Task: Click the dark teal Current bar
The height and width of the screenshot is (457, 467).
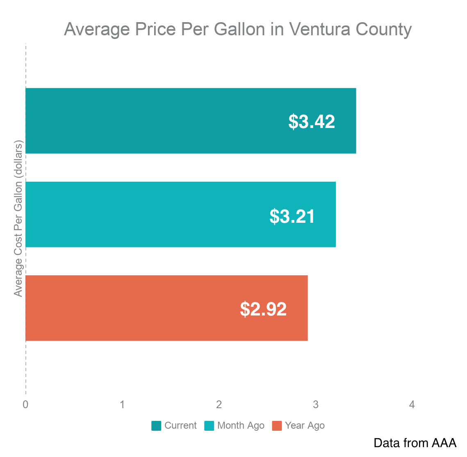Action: [164, 121]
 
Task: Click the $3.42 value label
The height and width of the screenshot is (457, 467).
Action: [312, 122]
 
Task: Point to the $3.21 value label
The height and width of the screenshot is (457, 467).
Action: [292, 216]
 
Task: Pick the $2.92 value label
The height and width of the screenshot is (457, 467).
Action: [263, 309]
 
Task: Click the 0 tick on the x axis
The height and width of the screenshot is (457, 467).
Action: [25, 405]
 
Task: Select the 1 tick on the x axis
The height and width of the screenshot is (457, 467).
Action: [122, 405]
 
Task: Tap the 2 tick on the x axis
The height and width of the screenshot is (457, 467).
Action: [219, 405]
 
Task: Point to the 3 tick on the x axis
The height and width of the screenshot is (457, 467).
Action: [315, 405]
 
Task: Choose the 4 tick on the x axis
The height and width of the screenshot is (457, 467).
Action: [412, 405]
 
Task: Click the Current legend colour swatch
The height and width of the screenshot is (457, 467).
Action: [156, 426]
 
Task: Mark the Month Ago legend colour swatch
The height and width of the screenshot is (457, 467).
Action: [209, 426]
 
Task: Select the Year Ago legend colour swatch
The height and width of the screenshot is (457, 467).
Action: [277, 426]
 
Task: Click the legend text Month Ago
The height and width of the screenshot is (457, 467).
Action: [241, 426]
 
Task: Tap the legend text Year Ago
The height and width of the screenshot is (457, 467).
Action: [305, 426]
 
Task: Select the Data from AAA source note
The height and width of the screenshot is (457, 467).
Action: [415, 443]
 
